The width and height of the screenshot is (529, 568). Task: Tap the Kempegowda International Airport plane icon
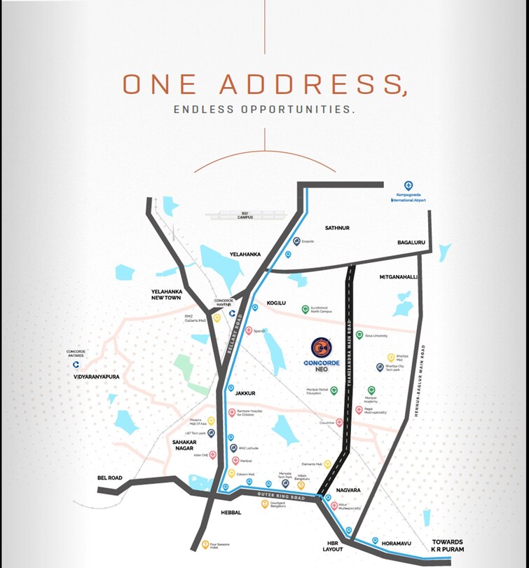point(409,186)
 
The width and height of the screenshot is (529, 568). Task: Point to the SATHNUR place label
point(336,228)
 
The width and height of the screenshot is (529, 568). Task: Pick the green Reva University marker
point(359,335)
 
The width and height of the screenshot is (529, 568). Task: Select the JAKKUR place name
point(245,394)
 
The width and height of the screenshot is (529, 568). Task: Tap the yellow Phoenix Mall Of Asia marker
point(211,421)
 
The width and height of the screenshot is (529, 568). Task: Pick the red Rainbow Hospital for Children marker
point(232,413)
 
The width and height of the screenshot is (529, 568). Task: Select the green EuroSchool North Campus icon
point(305,309)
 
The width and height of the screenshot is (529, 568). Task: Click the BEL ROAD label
point(110,478)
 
